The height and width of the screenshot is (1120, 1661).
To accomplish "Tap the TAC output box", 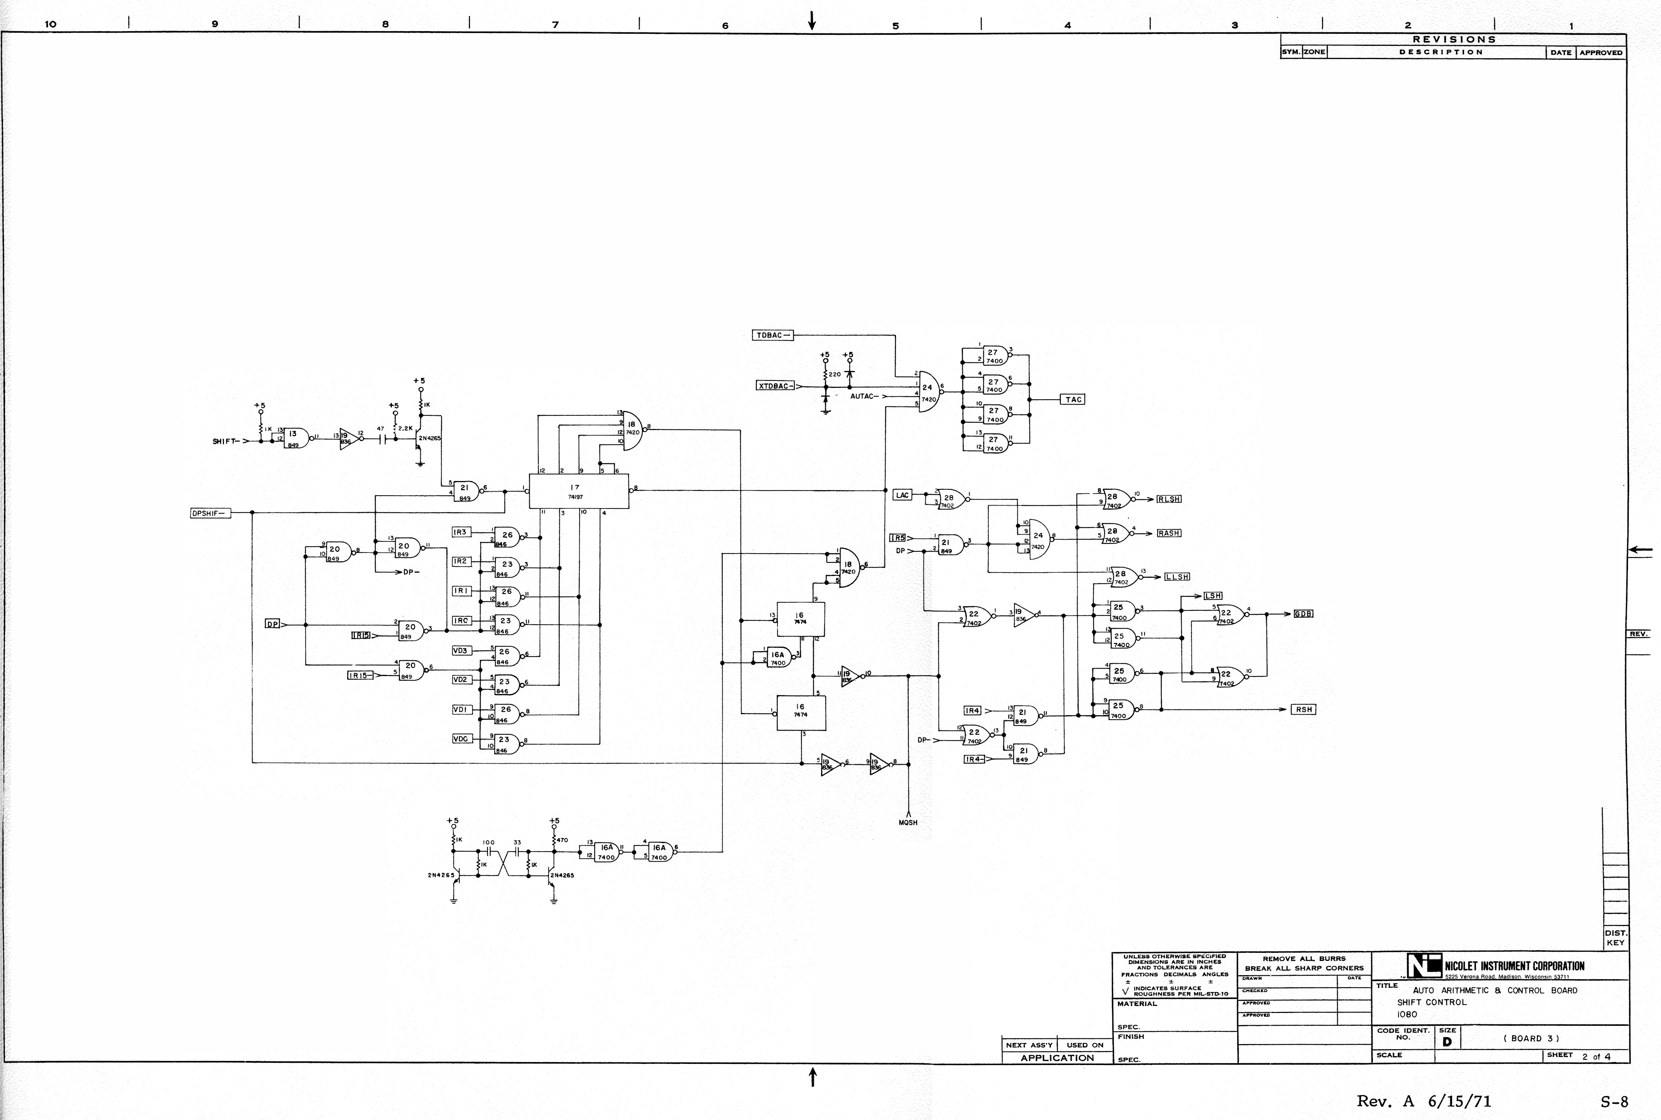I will point(1073,399).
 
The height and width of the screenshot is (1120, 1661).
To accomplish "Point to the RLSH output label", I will point(1169,499).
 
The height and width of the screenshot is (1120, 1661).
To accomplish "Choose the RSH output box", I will point(1303,709).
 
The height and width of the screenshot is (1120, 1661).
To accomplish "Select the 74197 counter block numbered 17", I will point(578,491).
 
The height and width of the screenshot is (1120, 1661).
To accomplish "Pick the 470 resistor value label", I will point(562,840).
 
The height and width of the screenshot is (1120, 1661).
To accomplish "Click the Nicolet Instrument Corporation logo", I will point(1424,966).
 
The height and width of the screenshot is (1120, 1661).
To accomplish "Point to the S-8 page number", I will point(1614,1101).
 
